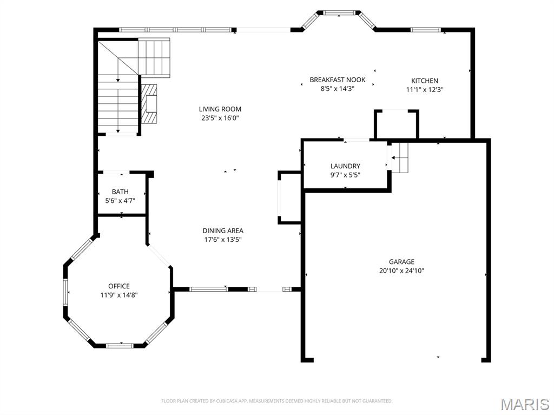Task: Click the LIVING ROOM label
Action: click(x=220, y=109)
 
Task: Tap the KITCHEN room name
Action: click(x=424, y=81)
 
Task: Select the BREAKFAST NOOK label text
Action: click(x=338, y=80)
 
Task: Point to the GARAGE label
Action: click(x=401, y=262)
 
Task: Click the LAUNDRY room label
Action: click(x=345, y=166)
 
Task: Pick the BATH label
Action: click(x=120, y=192)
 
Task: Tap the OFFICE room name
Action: click(x=118, y=286)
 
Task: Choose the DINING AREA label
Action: click(x=222, y=231)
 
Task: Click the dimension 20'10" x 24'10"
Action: click(x=401, y=271)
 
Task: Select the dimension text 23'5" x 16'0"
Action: click(x=220, y=118)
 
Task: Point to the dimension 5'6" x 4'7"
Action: click(x=120, y=201)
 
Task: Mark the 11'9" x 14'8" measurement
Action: click(x=118, y=295)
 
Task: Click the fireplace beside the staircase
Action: click(x=149, y=103)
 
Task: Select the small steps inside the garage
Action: click(x=400, y=157)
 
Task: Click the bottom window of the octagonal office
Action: click(x=120, y=345)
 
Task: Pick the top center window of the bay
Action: click(x=339, y=13)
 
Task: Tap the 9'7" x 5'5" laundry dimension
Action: click(x=345, y=175)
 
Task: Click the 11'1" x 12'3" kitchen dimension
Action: click(x=424, y=90)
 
